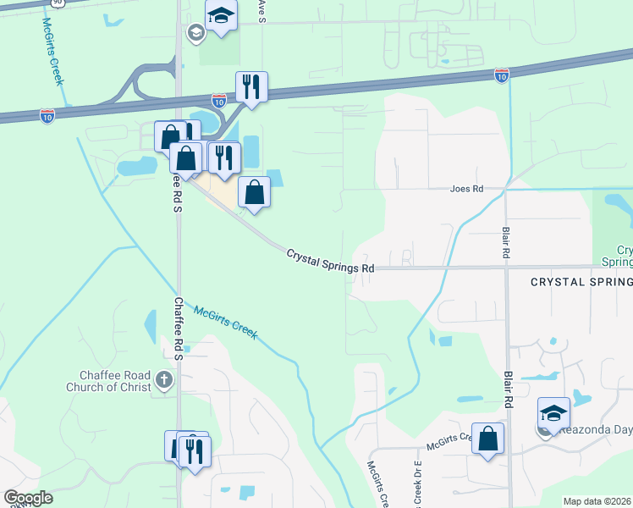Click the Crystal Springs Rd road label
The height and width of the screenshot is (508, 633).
pyautogui.click(x=330, y=261)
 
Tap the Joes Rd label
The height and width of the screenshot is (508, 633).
pyautogui.click(x=466, y=190)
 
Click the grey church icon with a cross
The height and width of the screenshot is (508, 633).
pyautogui.click(x=164, y=382)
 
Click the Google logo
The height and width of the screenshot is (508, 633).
pyautogui.click(x=27, y=498)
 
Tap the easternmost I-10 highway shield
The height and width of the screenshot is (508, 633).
pyautogui.click(x=501, y=75)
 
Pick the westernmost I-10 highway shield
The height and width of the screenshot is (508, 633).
pyautogui.click(x=47, y=113)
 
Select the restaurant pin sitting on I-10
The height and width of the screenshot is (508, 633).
pyautogui.click(x=251, y=86)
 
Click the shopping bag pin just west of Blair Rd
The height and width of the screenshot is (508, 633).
pyautogui.click(x=487, y=439)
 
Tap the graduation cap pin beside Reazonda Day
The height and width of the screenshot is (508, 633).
pyautogui.click(x=553, y=413)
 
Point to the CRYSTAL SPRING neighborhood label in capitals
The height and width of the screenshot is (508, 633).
pyautogui.click(x=581, y=282)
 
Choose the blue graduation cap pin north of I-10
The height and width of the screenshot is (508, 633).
pyautogui.click(x=221, y=17)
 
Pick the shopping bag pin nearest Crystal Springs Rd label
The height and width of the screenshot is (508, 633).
pyautogui.click(x=254, y=192)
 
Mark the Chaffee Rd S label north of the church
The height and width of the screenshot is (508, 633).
pyautogui.click(x=179, y=329)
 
